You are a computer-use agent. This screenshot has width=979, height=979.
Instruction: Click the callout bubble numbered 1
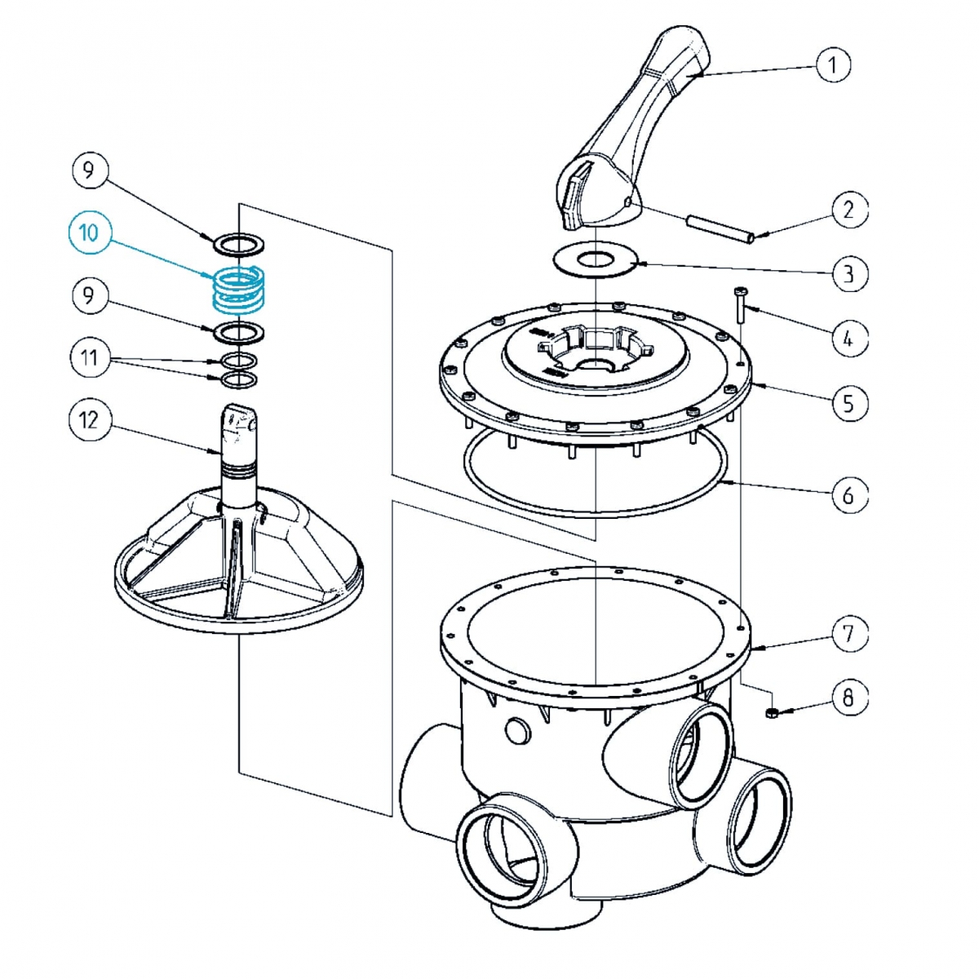pos(833,64)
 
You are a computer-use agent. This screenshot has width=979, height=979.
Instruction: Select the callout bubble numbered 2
pos(849,209)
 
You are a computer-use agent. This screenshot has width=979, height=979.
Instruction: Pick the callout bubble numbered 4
pos(849,336)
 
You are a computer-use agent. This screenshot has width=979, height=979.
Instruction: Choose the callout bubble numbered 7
pos(849,632)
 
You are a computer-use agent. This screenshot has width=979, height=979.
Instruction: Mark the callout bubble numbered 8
pos(849,698)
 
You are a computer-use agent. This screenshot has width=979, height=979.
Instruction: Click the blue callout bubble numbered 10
pos(88,233)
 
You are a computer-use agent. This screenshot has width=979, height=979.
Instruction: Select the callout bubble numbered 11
pos(88,357)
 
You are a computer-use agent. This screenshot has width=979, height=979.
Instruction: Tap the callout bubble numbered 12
pos(88,420)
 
